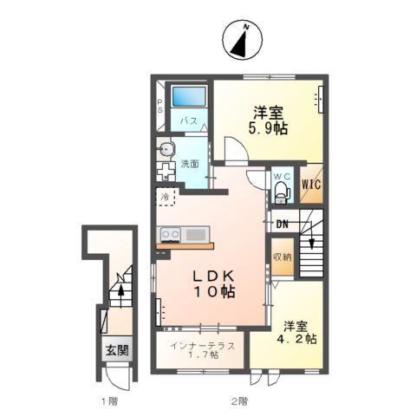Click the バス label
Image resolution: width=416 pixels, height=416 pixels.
pyautogui.click(x=187, y=121)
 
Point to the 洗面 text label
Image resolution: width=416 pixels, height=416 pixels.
pyautogui.click(x=189, y=164)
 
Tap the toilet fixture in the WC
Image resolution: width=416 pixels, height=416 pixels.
pyautogui.click(x=280, y=193)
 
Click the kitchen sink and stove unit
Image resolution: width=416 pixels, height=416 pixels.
pyautogui.click(x=182, y=234)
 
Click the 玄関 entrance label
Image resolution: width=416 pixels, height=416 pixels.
pyautogui.click(x=117, y=351)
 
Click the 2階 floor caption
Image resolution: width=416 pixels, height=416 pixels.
pyautogui.click(x=239, y=400)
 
